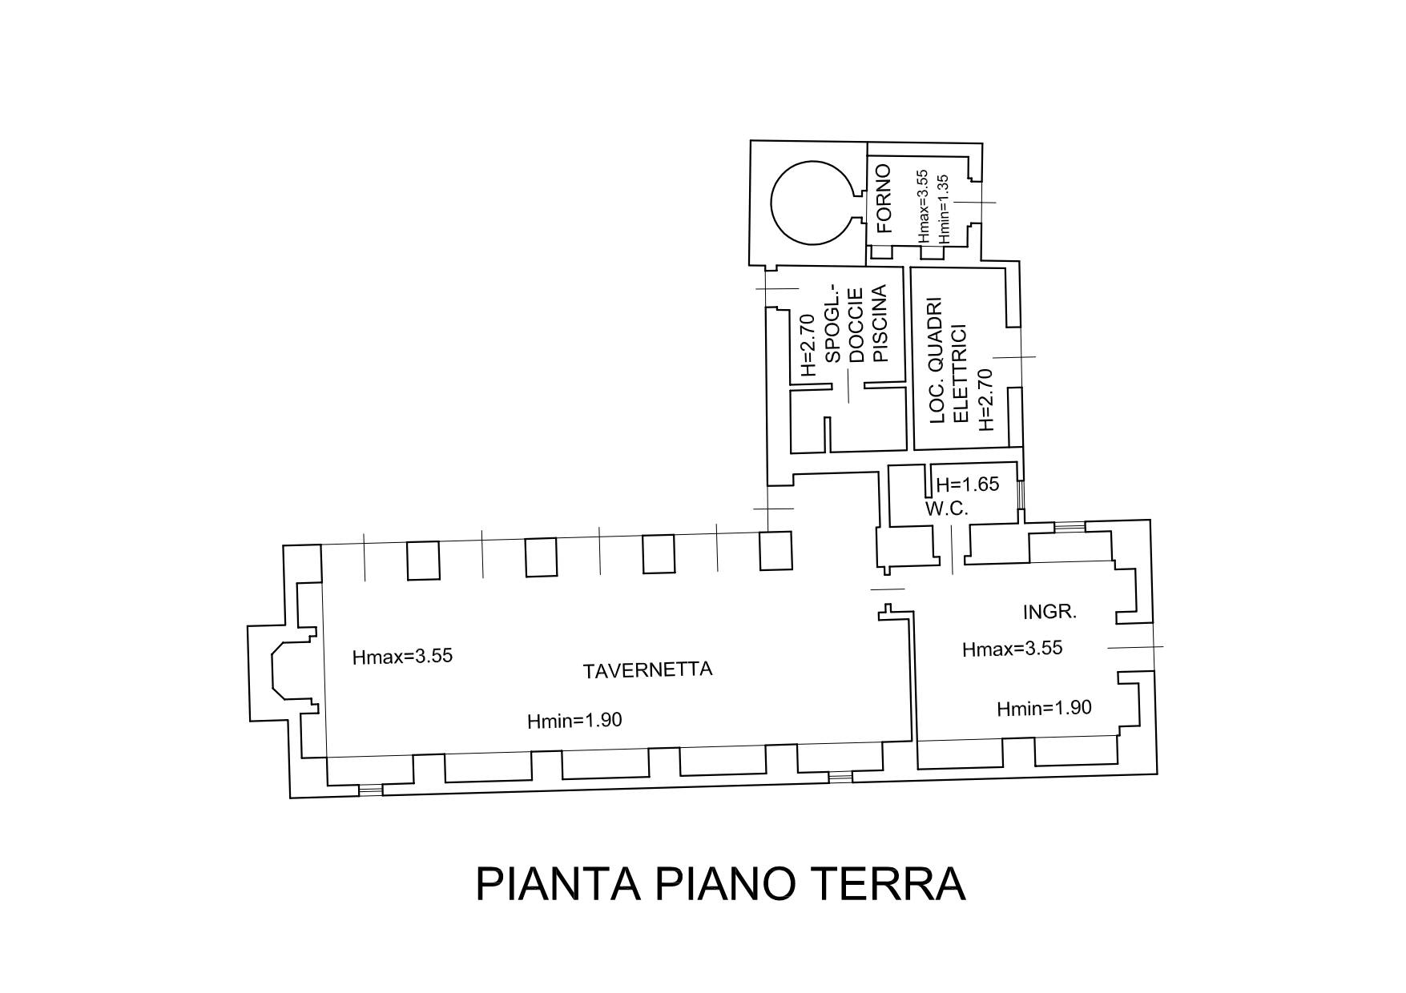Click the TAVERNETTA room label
coord(647,670)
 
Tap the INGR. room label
coord(1049,613)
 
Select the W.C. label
coord(947,509)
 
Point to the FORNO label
coord(884,199)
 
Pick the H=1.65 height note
coord(968,484)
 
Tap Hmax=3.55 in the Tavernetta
coord(402,657)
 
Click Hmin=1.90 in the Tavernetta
coord(574,721)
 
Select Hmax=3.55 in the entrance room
coord(1012,649)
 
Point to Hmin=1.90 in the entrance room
coord(1044,708)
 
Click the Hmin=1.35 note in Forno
coord(943,209)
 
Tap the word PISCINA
coord(880,324)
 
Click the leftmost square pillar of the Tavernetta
coord(423,560)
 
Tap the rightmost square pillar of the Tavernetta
coord(776,550)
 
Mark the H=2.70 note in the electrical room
coord(985,399)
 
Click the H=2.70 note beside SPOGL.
coord(808,345)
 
